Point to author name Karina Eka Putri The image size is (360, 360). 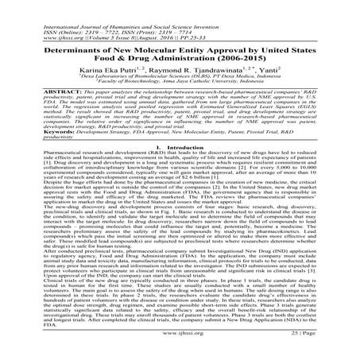click(x=123, y=83)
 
